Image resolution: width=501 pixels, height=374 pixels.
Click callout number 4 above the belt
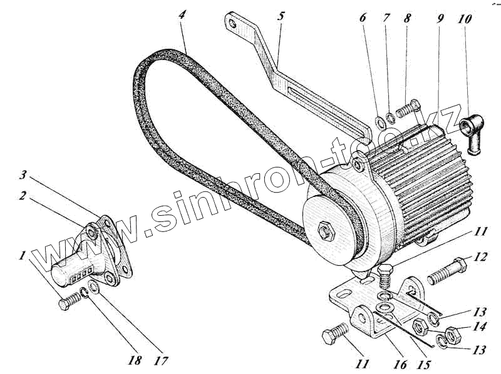point(182,14)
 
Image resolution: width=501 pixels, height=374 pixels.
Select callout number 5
point(279,16)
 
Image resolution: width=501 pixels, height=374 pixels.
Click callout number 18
point(136,361)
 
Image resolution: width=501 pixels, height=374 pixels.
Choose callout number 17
point(163,361)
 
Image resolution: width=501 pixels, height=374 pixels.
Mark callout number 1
point(23,256)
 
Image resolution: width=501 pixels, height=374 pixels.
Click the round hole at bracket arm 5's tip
point(235,26)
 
